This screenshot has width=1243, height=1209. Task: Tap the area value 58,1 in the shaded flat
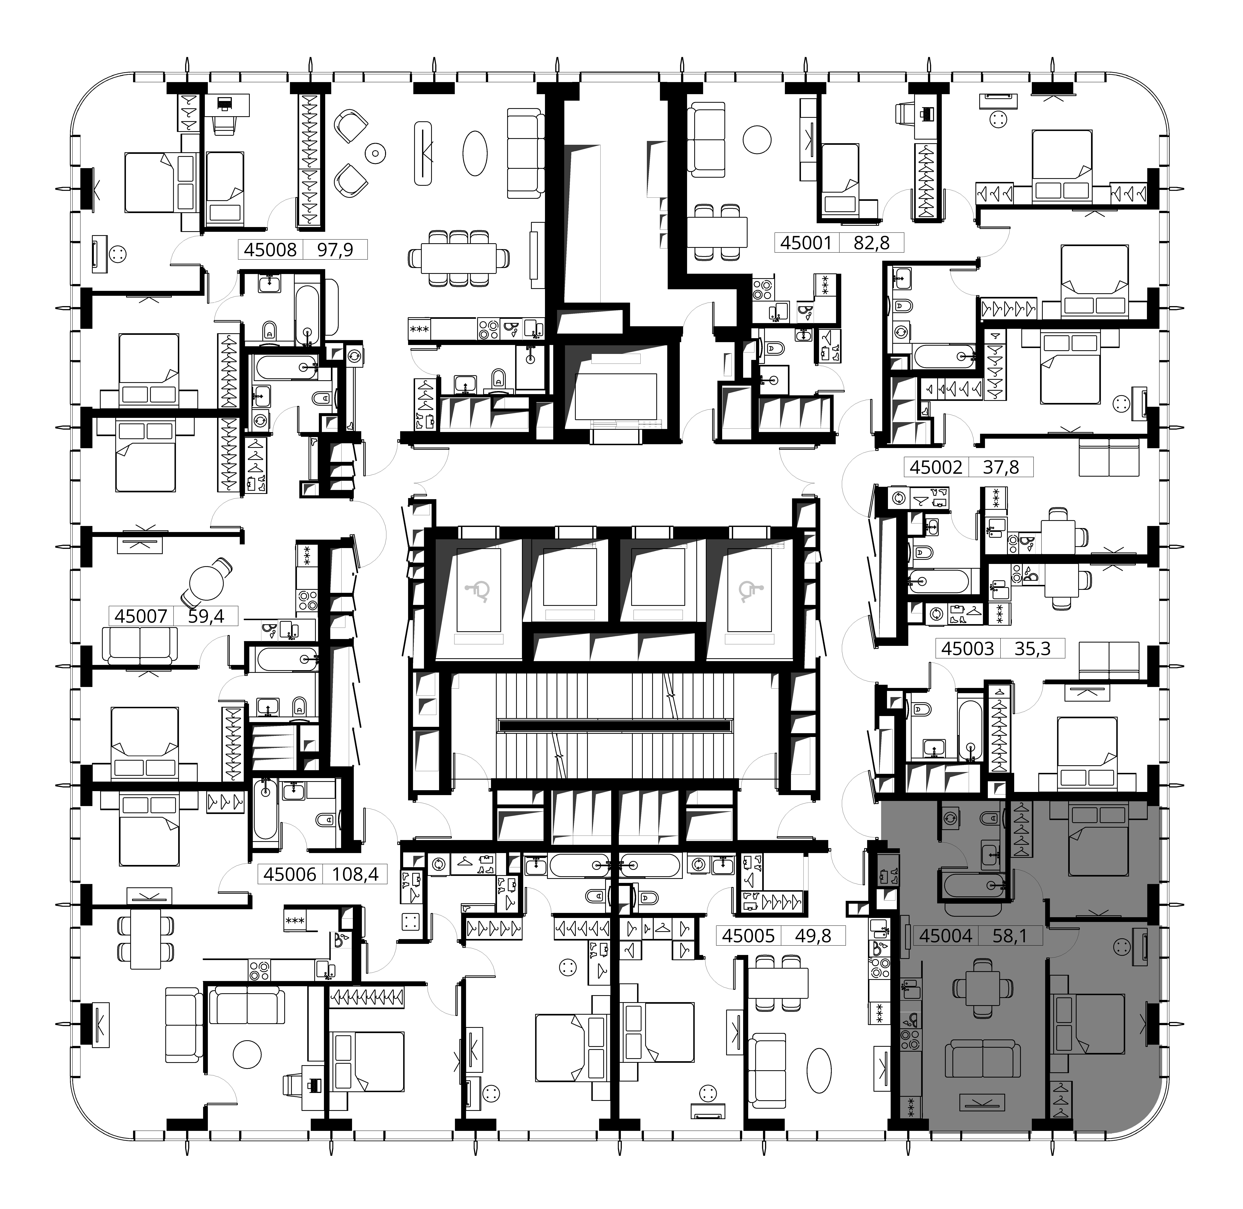(1009, 935)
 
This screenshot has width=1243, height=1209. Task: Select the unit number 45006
(290, 874)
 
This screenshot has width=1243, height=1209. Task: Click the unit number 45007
(141, 616)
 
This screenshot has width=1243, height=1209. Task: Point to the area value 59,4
(206, 616)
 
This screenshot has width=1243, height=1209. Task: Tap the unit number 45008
(271, 250)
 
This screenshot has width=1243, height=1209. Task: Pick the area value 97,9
(335, 250)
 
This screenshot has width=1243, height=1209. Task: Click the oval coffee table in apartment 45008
(475, 153)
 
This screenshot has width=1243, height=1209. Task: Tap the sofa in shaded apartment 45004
(983, 1058)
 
